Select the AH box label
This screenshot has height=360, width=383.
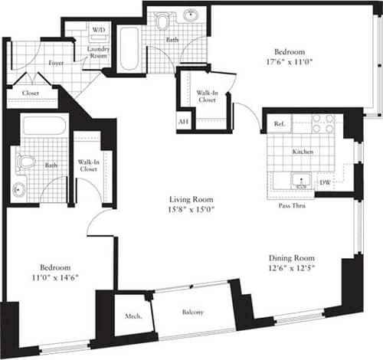click(x=183, y=122)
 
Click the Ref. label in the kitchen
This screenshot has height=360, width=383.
click(x=279, y=124)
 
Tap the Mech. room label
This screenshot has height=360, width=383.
click(x=132, y=316)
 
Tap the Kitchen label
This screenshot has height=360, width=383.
click(x=303, y=152)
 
